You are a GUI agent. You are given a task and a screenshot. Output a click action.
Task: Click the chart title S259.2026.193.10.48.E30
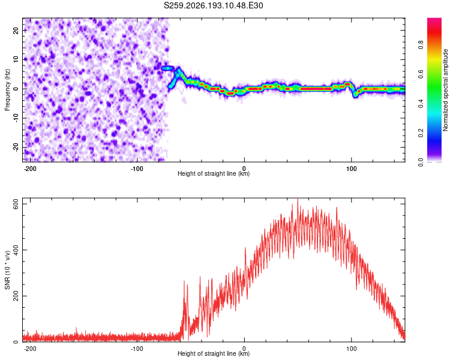pyautogui.click(x=213, y=5)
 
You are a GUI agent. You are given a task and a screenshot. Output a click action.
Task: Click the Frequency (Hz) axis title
pyautogui.click(x=7, y=90)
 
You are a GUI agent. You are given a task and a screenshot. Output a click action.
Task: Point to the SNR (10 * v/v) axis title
pyautogui.click(x=7, y=270)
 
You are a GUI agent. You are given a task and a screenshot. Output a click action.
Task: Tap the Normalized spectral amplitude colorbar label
pyautogui.click(x=445, y=90)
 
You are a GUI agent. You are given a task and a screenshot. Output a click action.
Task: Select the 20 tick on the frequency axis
pyautogui.click(x=16, y=31)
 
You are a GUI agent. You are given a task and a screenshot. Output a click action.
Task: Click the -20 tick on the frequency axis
pyautogui.click(x=16, y=147)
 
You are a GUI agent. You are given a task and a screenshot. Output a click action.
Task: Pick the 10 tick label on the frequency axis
pyautogui.click(x=16, y=60)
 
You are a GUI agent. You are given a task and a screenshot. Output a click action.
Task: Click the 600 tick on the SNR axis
pyautogui.click(x=16, y=204)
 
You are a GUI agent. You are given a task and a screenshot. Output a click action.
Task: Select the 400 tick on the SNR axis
pyautogui.click(x=16, y=250)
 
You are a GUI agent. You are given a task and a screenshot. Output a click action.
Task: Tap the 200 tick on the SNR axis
pyautogui.click(x=16, y=296)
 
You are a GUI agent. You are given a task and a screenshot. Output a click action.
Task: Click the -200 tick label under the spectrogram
pyautogui.click(x=30, y=169)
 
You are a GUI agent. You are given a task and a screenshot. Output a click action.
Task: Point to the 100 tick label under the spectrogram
pyautogui.click(x=351, y=169)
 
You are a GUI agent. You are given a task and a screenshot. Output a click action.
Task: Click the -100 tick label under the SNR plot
pyautogui.click(x=137, y=349)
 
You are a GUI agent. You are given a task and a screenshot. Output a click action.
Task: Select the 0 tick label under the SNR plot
pyautogui.click(x=244, y=349)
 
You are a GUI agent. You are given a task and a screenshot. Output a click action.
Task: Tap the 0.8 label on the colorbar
pyautogui.click(x=421, y=44)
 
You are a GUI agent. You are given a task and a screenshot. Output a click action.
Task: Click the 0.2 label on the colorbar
pyautogui.click(x=421, y=133)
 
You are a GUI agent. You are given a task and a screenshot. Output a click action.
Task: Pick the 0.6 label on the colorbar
pyautogui.click(x=421, y=74)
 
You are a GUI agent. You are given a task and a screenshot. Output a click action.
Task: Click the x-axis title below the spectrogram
pyautogui.click(x=214, y=173)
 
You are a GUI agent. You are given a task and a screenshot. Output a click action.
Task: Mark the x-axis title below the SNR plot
pyautogui.click(x=214, y=353)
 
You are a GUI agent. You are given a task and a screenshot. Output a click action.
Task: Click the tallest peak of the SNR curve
pyautogui.click(x=298, y=199)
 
